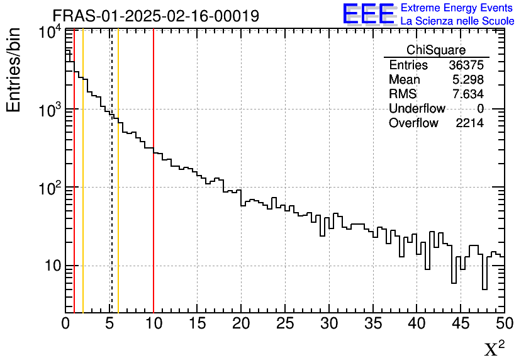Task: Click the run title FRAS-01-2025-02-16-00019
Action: coord(155,16)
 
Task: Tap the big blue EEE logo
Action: coord(369,14)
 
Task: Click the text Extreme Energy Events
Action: coord(457,8)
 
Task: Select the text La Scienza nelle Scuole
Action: coord(457,21)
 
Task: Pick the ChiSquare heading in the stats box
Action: coord(436,50)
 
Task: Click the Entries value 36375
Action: coord(466,65)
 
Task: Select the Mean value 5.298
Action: coord(467,80)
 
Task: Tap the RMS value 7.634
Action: coord(467,94)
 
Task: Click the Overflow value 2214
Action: coord(469,123)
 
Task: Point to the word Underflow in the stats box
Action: coord(417,109)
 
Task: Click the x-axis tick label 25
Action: coord(285,323)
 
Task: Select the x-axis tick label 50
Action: coord(503,323)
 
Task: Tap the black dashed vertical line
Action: coord(112,189)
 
